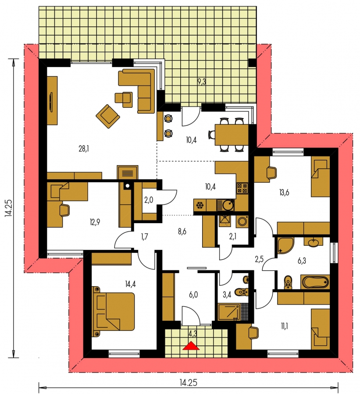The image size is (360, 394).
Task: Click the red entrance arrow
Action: click(191, 345)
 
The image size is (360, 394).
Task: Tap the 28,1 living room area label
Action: click(84, 149)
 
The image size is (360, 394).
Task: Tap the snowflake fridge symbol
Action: click(200, 206)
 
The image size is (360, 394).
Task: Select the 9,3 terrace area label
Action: click(202, 82)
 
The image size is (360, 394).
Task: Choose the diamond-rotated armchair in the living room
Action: click(108, 116)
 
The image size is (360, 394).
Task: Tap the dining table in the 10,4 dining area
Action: click(232, 135)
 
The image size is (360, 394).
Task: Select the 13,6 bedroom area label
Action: click(284, 193)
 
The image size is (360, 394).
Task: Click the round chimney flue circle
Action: click(128, 186)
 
